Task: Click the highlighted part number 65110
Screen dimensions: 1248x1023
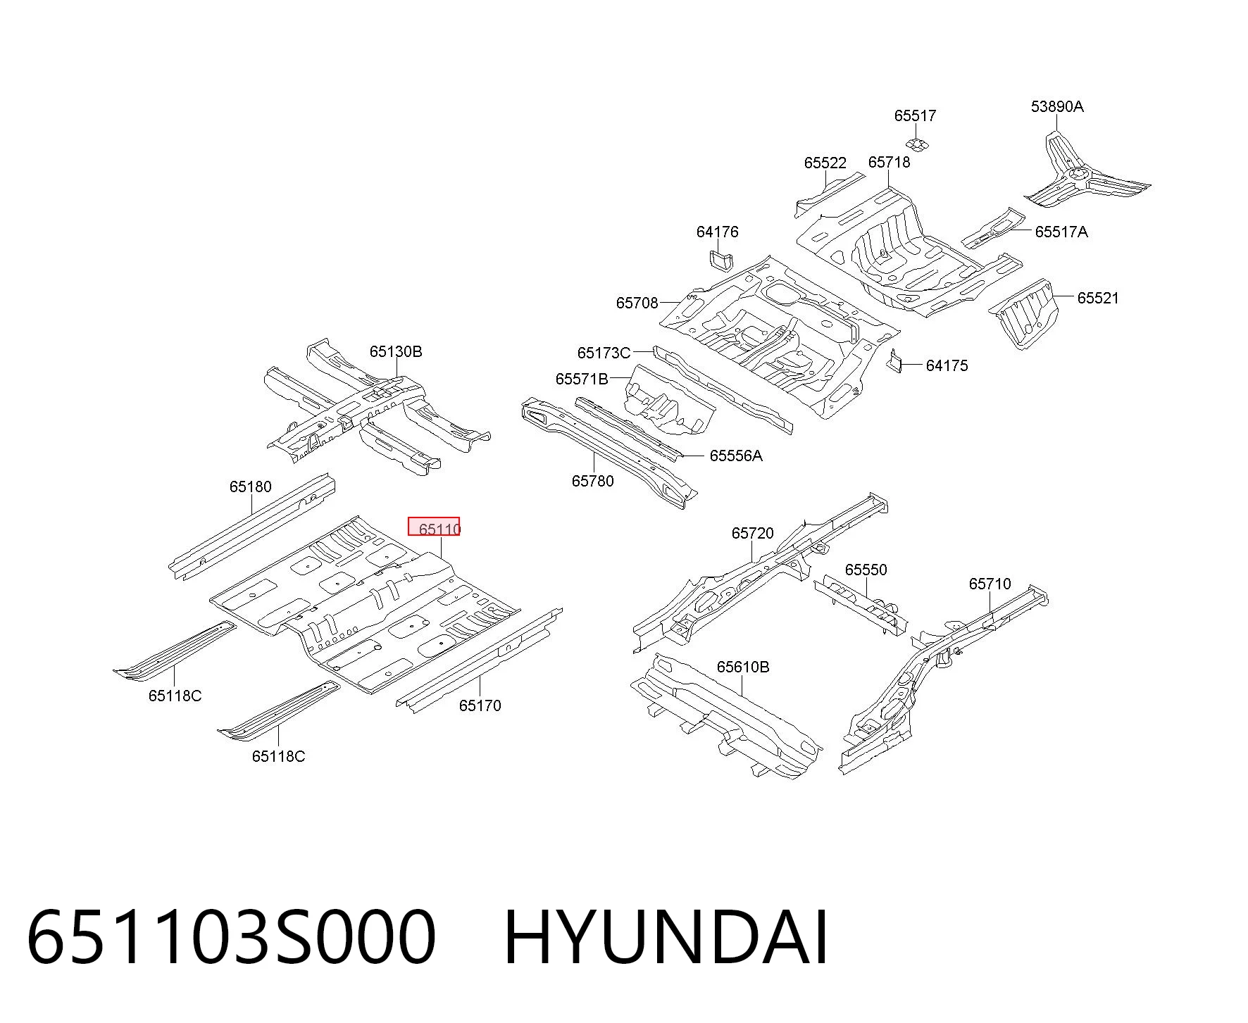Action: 439,529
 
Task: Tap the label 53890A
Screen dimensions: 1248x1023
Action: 1057,106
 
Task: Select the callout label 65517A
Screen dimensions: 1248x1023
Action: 1061,232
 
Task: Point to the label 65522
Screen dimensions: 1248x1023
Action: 825,163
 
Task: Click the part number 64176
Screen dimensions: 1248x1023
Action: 717,232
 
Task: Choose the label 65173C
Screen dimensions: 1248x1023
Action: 604,353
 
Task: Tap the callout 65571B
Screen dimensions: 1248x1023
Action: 582,379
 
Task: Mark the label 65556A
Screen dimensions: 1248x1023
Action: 736,456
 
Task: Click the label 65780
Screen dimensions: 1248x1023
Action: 592,481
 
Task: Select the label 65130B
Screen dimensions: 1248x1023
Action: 396,351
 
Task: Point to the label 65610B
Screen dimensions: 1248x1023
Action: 743,667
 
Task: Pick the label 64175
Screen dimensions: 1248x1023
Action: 947,365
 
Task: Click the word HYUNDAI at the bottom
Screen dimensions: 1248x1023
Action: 666,938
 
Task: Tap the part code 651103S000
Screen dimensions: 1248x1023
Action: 232,938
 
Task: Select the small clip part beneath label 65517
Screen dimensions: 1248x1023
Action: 916,144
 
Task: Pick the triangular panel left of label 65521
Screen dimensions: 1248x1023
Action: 1025,315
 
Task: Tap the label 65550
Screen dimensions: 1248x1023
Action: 866,570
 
